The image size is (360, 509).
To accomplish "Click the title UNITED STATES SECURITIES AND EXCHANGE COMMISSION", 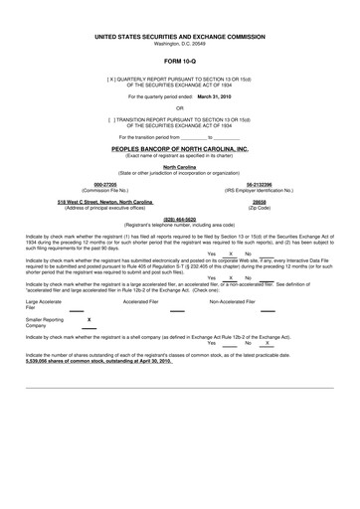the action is click(x=180, y=34).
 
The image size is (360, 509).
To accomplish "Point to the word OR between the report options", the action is click(x=180, y=109).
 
